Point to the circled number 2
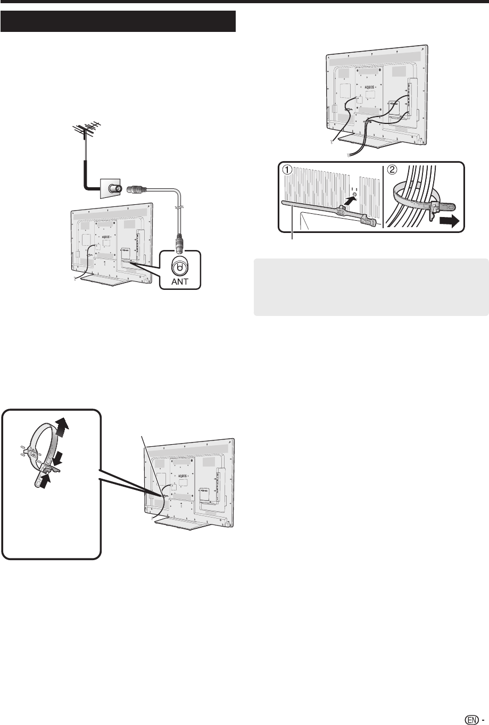click(391, 170)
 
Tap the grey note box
click(371, 287)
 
